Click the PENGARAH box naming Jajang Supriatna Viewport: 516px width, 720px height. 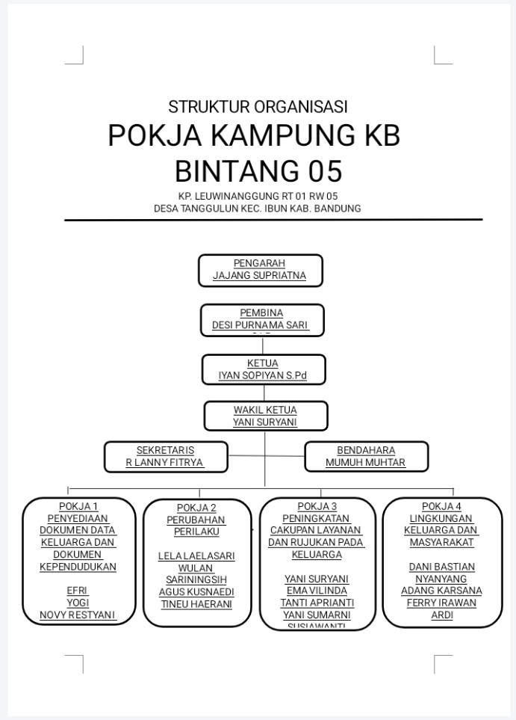tap(260, 270)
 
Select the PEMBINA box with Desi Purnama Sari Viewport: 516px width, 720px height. tap(262, 320)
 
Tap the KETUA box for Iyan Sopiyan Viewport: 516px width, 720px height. tap(263, 369)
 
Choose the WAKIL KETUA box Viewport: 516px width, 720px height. tap(265, 416)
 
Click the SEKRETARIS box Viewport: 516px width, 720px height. tap(165, 457)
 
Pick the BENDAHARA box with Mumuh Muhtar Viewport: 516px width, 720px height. tap(366, 457)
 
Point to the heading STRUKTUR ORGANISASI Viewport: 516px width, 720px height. tap(258, 106)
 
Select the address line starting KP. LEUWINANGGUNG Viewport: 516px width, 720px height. tap(258, 197)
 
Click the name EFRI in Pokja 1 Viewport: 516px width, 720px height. tap(78, 591)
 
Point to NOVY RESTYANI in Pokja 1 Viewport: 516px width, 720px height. tap(78, 615)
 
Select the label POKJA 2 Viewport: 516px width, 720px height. tap(196, 508)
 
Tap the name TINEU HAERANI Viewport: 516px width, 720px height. tap(196, 604)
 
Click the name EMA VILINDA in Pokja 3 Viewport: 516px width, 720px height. tap(317, 591)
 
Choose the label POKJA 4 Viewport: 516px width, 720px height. tap(441, 506)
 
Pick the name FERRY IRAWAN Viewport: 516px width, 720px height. tap(441, 603)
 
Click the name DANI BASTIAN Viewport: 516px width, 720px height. tap(441, 567)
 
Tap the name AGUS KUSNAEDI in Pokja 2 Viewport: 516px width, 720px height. tap(196, 591)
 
